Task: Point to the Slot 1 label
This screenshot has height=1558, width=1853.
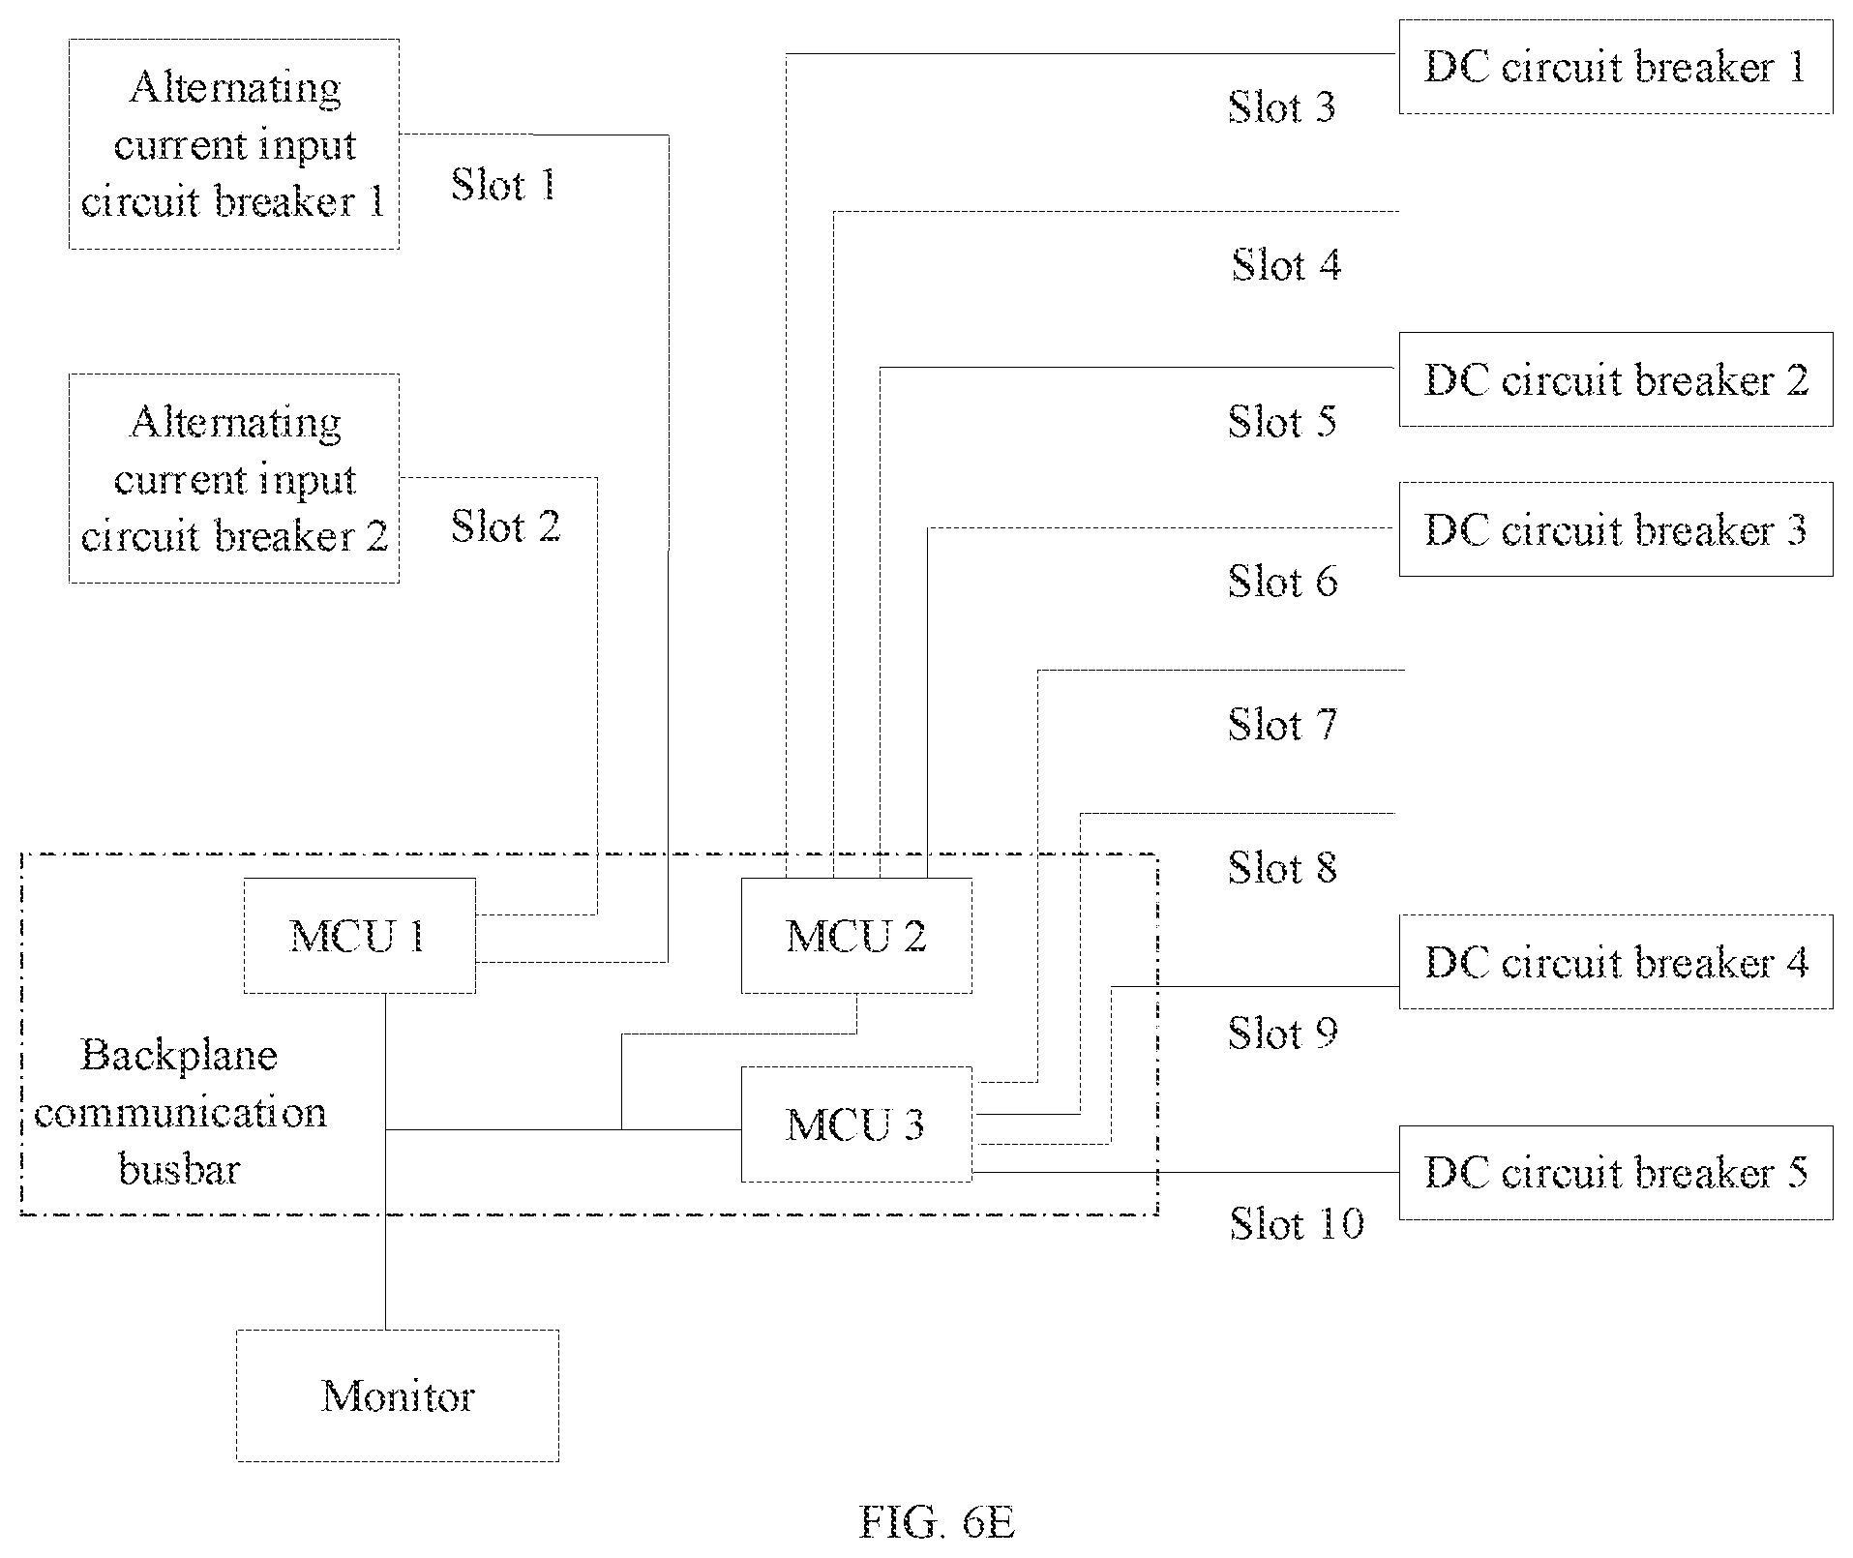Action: pos(504,184)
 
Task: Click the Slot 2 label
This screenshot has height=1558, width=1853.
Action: pos(506,525)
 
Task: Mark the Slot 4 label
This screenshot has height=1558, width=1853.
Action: pos(1286,264)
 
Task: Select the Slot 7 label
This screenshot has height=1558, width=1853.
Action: pos(1283,724)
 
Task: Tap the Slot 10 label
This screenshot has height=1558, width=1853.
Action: pos(1297,1223)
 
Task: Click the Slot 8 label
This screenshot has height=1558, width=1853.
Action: pos(1283,867)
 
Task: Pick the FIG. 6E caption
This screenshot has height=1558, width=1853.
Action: pos(937,1522)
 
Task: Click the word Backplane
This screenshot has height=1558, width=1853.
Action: pos(179,1056)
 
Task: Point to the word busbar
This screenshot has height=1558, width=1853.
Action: pos(179,1169)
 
